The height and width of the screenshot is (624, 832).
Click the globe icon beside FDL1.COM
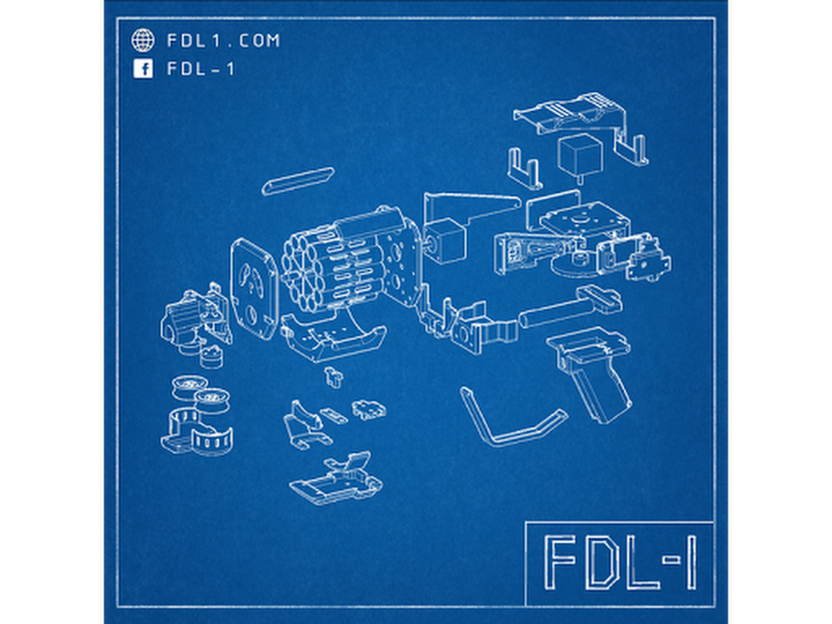(142, 41)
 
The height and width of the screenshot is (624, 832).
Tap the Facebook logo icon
(142, 69)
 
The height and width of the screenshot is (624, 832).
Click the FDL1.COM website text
(224, 41)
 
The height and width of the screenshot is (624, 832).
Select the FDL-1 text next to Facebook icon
(201, 69)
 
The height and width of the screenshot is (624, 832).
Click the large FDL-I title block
(619, 563)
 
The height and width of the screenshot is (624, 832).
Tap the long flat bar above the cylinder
(299, 181)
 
